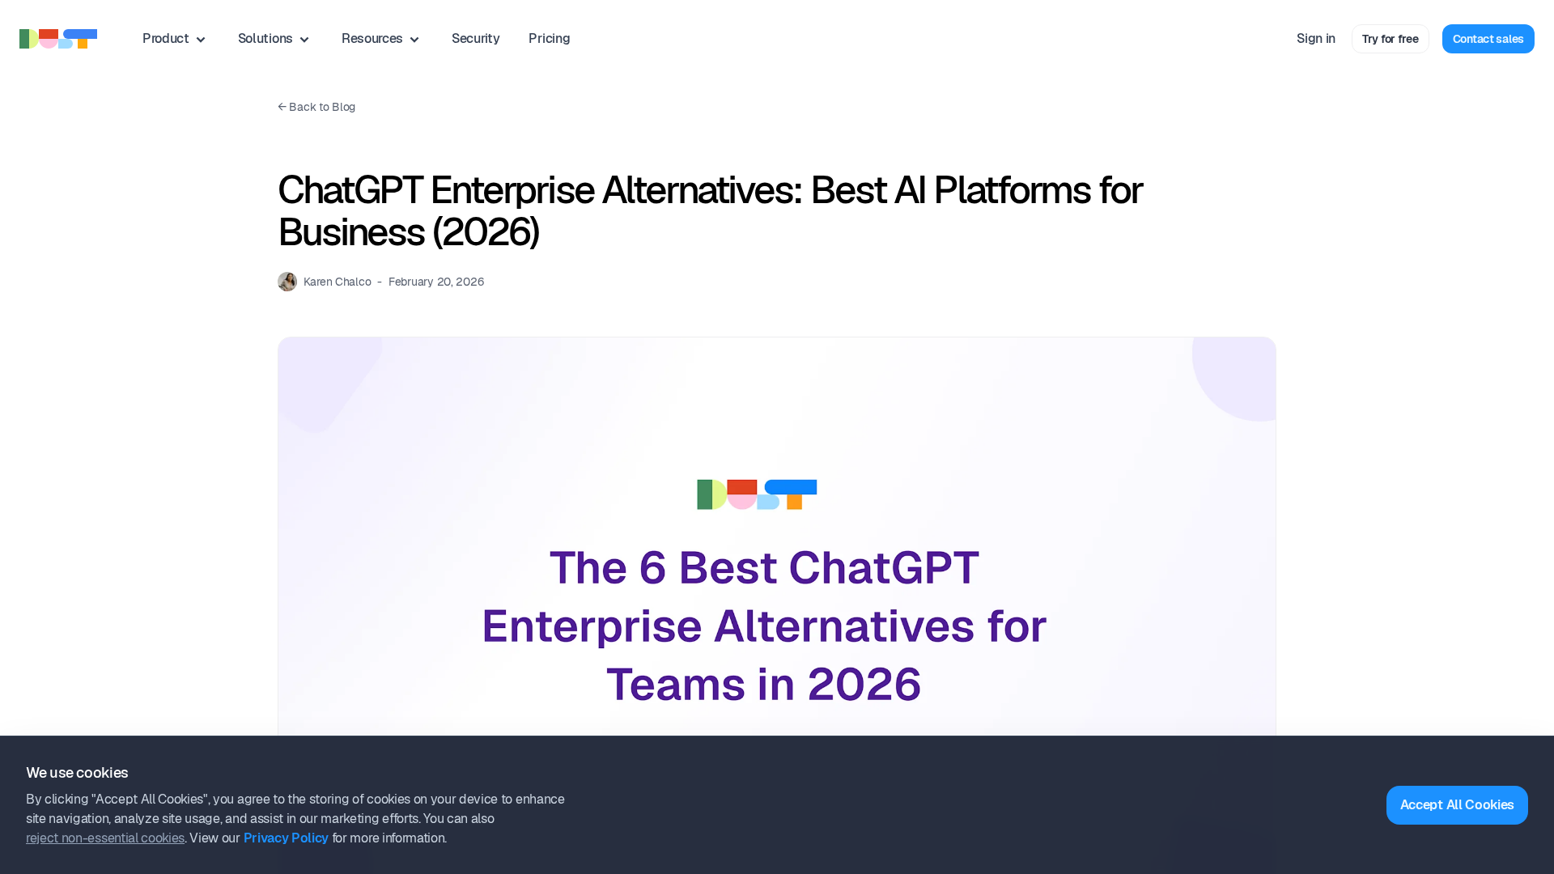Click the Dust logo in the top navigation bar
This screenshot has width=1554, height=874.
[58, 39]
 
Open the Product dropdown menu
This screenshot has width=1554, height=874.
[174, 39]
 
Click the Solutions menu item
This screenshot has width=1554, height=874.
[274, 39]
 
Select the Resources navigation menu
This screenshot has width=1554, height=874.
[380, 39]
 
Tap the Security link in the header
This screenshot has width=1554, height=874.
[475, 39]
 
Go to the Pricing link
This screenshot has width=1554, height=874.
[549, 39]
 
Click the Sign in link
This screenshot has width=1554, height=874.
[1315, 39]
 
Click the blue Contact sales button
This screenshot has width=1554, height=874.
[1488, 39]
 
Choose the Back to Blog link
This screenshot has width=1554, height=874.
[316, 107]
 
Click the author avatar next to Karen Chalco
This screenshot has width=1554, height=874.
[287, 282]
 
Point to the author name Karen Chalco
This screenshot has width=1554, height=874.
[338, 282]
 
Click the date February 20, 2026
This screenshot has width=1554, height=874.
[436, 282]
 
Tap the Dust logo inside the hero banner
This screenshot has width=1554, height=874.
[757, 494]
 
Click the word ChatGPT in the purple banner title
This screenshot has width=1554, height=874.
[884, 567]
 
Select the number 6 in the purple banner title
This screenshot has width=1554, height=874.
[652, 567]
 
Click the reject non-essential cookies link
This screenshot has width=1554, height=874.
[105, 838]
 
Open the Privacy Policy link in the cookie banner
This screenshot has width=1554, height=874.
[286, 838]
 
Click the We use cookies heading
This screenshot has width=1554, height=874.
[77, 773]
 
